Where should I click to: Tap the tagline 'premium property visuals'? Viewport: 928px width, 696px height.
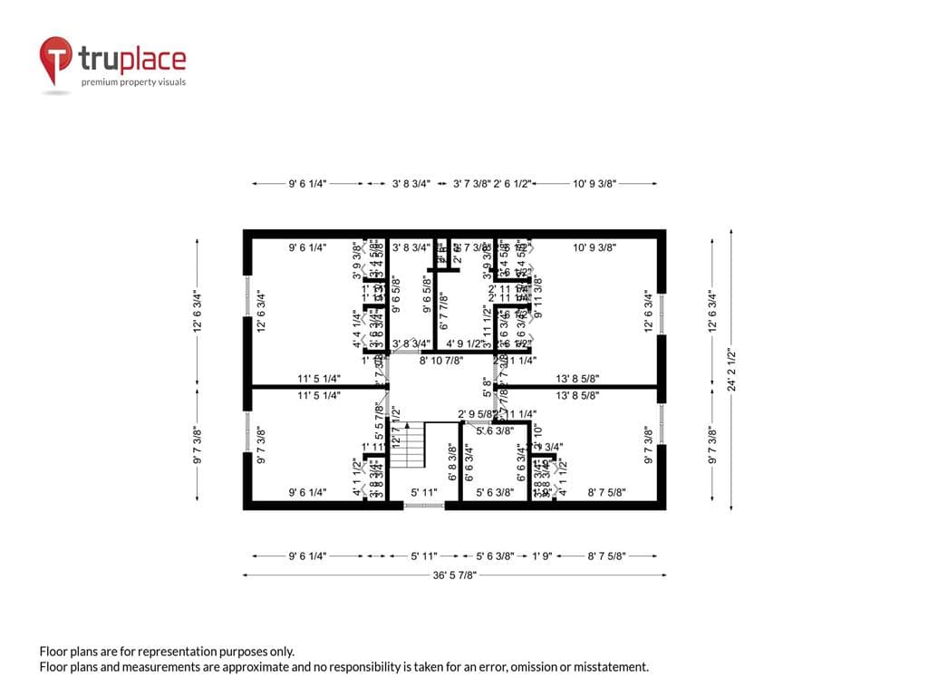point(133,82)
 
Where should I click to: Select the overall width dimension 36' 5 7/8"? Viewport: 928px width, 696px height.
point(454,575)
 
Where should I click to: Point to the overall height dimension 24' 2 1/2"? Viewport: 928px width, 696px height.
point(731,370)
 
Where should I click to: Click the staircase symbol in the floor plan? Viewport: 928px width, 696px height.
point(410,444)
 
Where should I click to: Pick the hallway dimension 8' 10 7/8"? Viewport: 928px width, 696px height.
point(441,360)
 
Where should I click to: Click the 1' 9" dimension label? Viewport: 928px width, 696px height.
point(542,556)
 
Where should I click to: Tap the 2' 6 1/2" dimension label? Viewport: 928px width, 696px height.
point(512,184)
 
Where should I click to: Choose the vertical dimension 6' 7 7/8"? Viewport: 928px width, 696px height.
point(443,311)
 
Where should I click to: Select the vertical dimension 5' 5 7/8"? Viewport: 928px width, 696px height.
point(380,420)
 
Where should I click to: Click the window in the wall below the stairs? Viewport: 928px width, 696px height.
point(423,506)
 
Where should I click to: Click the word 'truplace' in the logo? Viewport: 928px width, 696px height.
point(132,60)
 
